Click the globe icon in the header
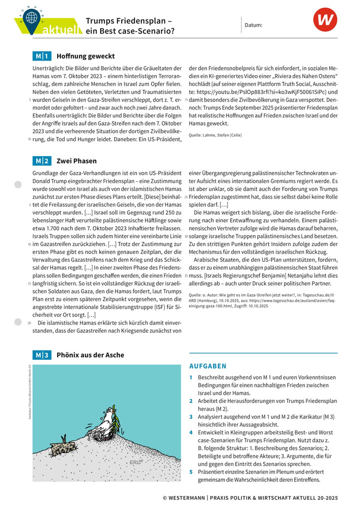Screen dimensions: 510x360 click(32, 16)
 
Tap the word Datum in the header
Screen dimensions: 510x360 click(253, 25)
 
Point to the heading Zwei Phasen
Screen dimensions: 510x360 click(76, 161)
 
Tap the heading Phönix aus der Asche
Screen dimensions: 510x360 click(90, 355)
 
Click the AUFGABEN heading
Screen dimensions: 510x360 click(207, 366)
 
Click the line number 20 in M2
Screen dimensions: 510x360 click(29, 323)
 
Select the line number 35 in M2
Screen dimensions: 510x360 click(185, 275)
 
